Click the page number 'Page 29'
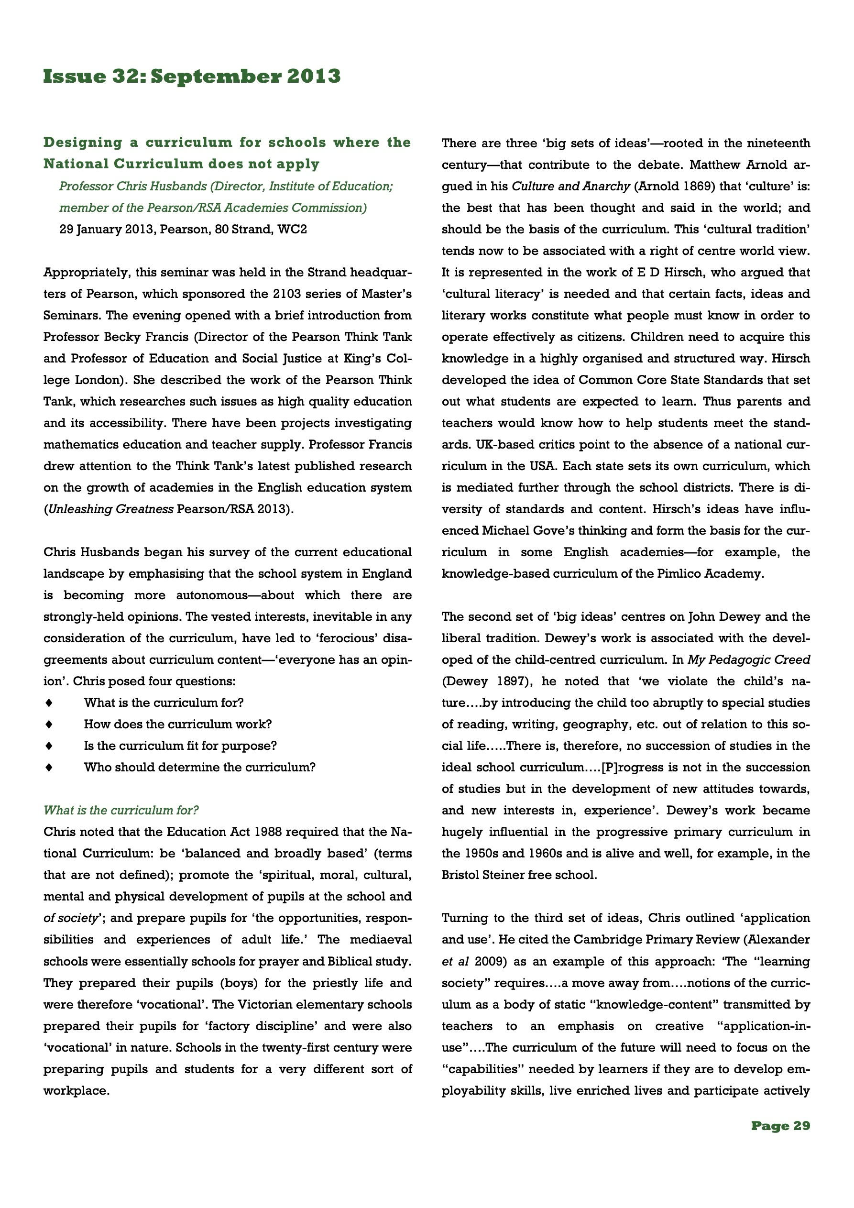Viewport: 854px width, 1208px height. point(780,1125)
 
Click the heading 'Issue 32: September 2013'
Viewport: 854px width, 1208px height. point(192,77)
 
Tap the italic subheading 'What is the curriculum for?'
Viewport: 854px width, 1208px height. point(121,810)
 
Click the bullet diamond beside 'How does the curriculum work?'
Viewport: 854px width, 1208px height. point(49,724)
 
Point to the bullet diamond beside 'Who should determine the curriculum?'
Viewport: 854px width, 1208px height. point(49,767)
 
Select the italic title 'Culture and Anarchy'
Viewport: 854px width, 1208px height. point(570,186)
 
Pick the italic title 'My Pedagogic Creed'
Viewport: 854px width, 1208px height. point(749,660)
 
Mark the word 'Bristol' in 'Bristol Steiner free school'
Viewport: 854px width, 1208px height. point(461,875)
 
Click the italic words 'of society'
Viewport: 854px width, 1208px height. point(71,918)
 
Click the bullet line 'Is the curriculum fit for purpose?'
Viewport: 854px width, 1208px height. point(180,746)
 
